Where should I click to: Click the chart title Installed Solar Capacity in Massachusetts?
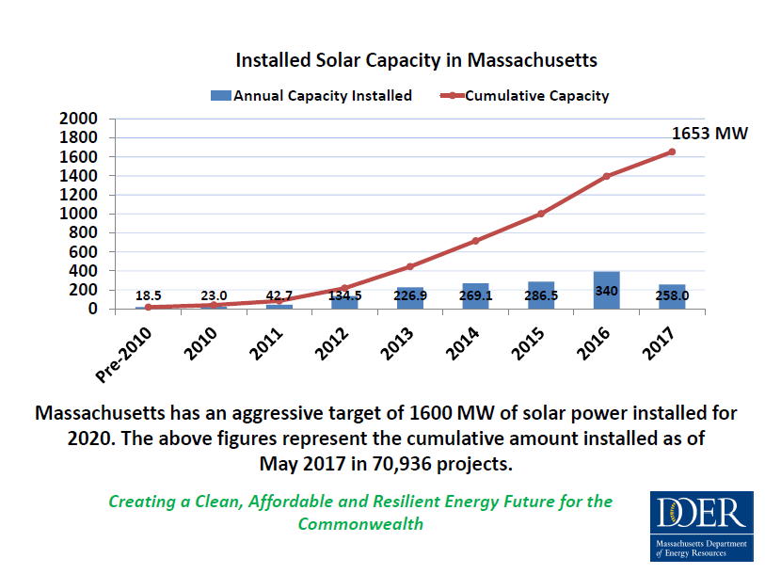tap(416, 60)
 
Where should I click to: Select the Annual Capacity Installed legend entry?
tap(311, 95)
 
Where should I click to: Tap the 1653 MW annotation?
tap(709, 133)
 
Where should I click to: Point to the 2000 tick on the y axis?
tap(78, 120)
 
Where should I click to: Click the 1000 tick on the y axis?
tap(78, 214)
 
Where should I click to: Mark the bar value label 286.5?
tap(541, 295)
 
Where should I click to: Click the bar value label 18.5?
tap(149, 295)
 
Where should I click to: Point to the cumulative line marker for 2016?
tap(606, 176)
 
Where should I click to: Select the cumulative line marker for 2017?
tap(672, 151)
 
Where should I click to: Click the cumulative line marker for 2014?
tap(475, 241)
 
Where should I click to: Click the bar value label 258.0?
tap(672, 295)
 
